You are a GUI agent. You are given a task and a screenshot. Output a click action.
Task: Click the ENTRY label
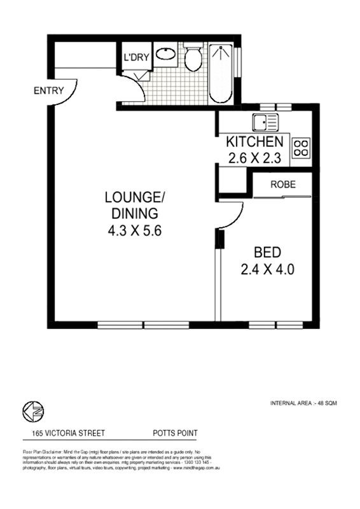pos(48,90)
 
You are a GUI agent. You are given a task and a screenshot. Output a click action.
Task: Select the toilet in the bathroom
pos(193,59)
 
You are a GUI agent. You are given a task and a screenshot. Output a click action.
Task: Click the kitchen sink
pos(261,122)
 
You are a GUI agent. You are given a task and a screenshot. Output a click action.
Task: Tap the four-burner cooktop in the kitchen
pos(300,148)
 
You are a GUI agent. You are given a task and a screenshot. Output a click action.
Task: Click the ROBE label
pos(282,185)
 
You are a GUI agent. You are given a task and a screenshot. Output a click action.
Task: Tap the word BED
pos(267,251)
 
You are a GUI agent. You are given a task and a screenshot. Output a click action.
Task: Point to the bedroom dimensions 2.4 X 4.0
pos(267,269)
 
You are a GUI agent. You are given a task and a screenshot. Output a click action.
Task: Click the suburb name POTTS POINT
pos(175,433)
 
